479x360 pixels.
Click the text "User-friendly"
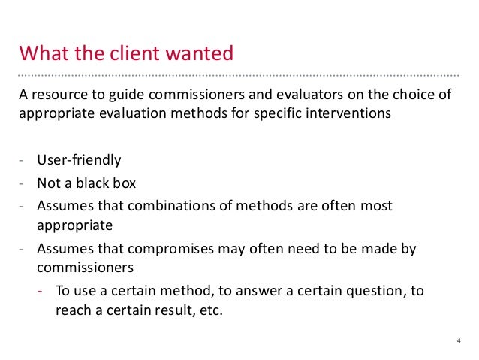[x=78, y=159]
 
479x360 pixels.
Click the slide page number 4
[x=458, y=342]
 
